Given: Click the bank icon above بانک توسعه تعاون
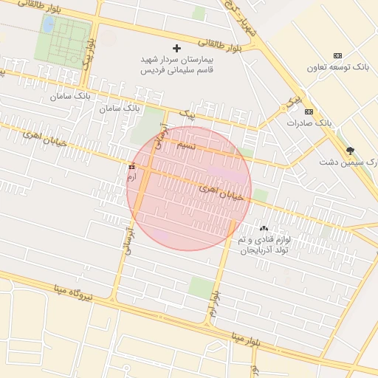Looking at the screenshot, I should tap(338, 56).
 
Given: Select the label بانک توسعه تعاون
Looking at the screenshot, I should tap(338, 67).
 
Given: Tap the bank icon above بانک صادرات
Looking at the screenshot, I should tap(309, 111).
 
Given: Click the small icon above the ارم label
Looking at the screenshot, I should tap(132, 166).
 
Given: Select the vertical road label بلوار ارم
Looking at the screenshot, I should tap(213, 303).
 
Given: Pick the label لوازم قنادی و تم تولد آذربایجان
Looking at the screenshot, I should tap(262, 245).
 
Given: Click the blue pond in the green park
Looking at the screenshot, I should tap(48, 24).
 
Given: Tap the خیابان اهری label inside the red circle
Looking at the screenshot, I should tap(221, 193).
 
